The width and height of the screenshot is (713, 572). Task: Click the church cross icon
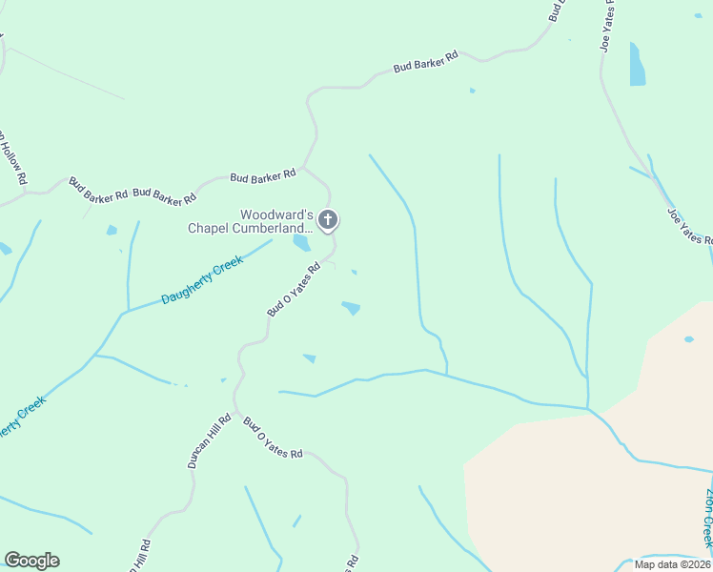[x=327, y=221]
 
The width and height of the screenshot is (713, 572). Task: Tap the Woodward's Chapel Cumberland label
[x=250, y=221]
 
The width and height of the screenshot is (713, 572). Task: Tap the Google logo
[x=31, y=561]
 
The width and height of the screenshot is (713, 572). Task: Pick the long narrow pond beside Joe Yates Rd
[x=636, y=65]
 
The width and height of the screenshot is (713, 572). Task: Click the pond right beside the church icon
[x=301, y=243]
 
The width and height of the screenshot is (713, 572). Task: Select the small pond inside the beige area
[x=688, y=338]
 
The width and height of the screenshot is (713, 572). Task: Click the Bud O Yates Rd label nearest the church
[x=293, y=291]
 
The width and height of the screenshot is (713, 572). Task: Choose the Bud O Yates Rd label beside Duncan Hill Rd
[x=273, y=439]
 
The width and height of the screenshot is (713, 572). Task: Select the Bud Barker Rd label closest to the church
[x=263, y=176]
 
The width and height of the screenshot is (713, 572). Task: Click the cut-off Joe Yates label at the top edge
[x=607, y=24]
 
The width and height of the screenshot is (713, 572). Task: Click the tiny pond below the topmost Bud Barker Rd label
[x=472, y=91]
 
